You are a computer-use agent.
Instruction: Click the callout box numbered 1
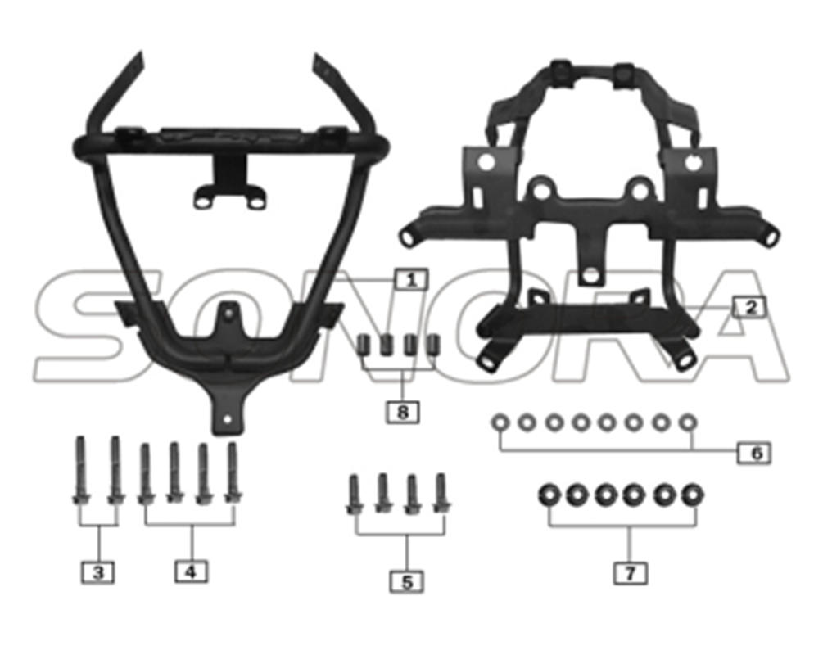411,280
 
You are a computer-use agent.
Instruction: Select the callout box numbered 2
750,307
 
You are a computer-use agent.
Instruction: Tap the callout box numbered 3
98,572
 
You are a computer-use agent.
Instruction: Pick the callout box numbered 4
191,571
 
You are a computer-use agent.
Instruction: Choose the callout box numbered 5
407,582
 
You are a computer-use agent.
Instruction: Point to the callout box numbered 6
754,453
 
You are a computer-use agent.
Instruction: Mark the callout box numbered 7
630,572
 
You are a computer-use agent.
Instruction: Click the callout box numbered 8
403,412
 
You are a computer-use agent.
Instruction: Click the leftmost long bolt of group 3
80,470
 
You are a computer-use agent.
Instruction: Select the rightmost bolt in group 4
233,473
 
